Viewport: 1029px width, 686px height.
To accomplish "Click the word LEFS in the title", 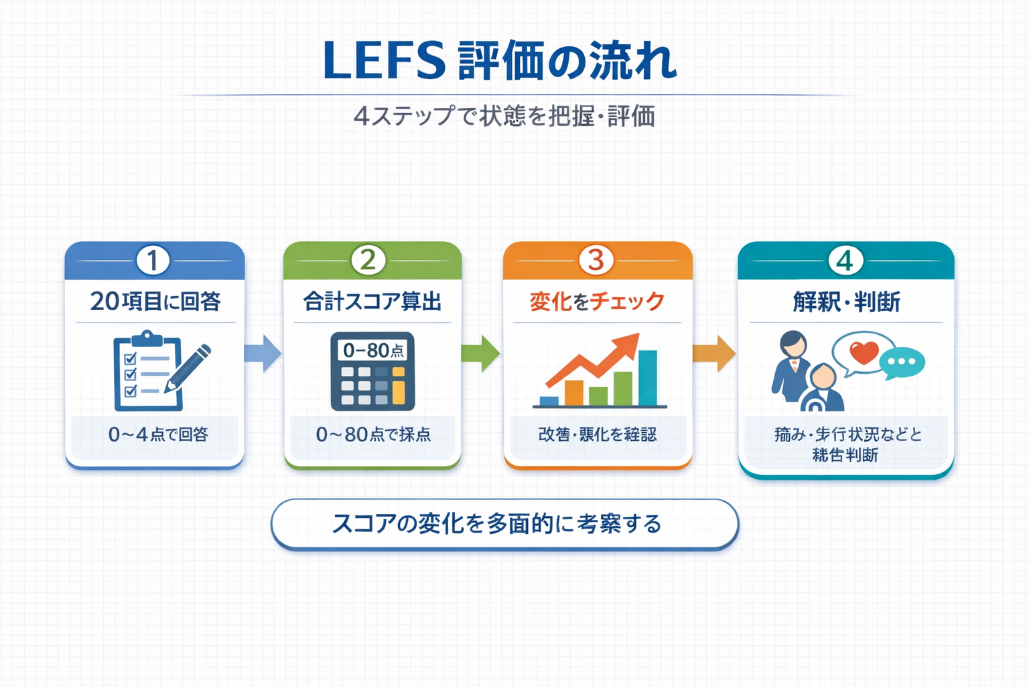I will pyautogui.click(x=384, y=61).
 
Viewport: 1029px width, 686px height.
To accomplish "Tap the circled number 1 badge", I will pyautogui.click(x=153, y=260).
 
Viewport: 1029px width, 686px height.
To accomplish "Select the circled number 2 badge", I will pyautogui.click(x=368, y=260).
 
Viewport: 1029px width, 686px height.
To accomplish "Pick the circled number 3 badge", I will pyautogui.click(x=596, y=260).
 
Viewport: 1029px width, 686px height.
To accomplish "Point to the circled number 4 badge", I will pyautogui.click(x=845, y=260).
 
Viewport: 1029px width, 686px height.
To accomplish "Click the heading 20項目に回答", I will pyautogui.click(x=155, y=301).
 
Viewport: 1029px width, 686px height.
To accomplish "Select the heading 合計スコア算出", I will pyautogui.click(x=372, y=301).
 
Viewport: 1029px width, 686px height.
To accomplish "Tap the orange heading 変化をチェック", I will pyautogui.click(x=597, y=301).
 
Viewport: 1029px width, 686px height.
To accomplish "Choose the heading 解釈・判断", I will pyautogui.click(x=846, y=302).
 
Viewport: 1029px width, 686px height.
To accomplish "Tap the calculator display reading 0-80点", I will pyautogui.click(x=373, y=350).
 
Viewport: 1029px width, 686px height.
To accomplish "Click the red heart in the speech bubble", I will pyautogui.click(x=864, y=352).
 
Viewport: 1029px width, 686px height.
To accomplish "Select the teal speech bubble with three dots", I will pyautogui.click(x=902, y=362).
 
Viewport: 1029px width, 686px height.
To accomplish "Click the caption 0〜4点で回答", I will pyautogui.click(x=158, y=435).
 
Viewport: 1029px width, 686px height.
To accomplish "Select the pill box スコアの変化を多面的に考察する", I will pyautogui.click(x=504, y=524).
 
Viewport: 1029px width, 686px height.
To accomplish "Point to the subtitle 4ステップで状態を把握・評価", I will pyautogui.click(x=504, y=117).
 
